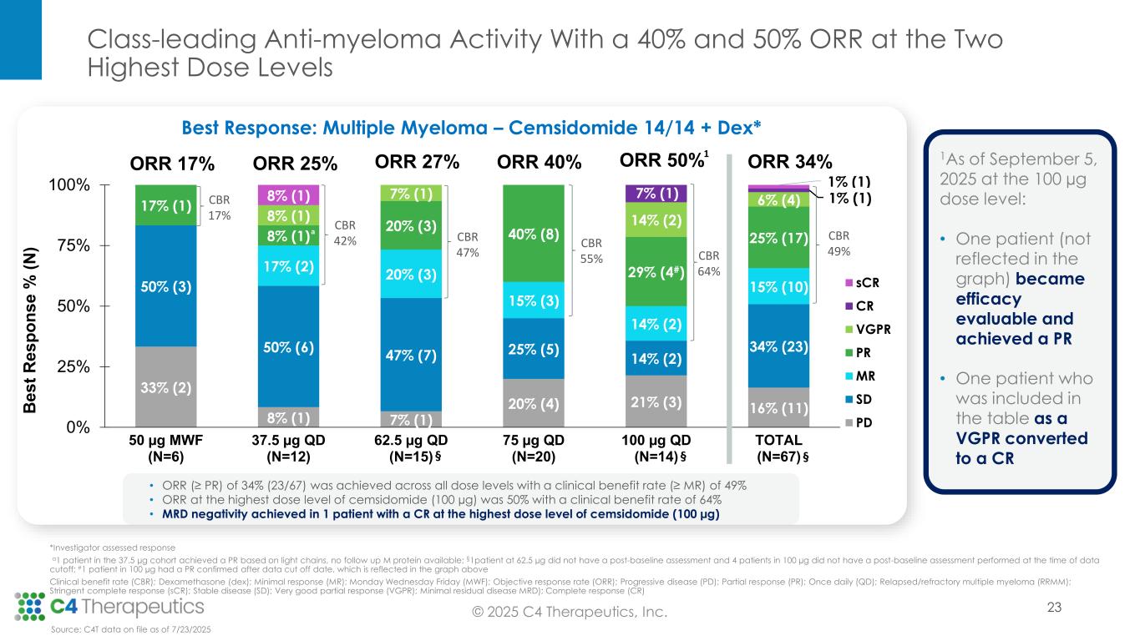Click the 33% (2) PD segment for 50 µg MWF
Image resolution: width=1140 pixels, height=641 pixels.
165,386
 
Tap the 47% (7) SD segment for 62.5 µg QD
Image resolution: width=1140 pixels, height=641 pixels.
410,356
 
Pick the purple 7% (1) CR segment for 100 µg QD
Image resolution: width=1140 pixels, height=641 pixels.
656,193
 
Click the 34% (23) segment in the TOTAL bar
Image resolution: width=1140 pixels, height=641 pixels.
778,346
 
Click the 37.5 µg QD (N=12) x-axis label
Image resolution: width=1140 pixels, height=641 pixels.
287,447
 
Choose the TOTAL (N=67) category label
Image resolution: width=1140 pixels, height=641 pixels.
778,447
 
